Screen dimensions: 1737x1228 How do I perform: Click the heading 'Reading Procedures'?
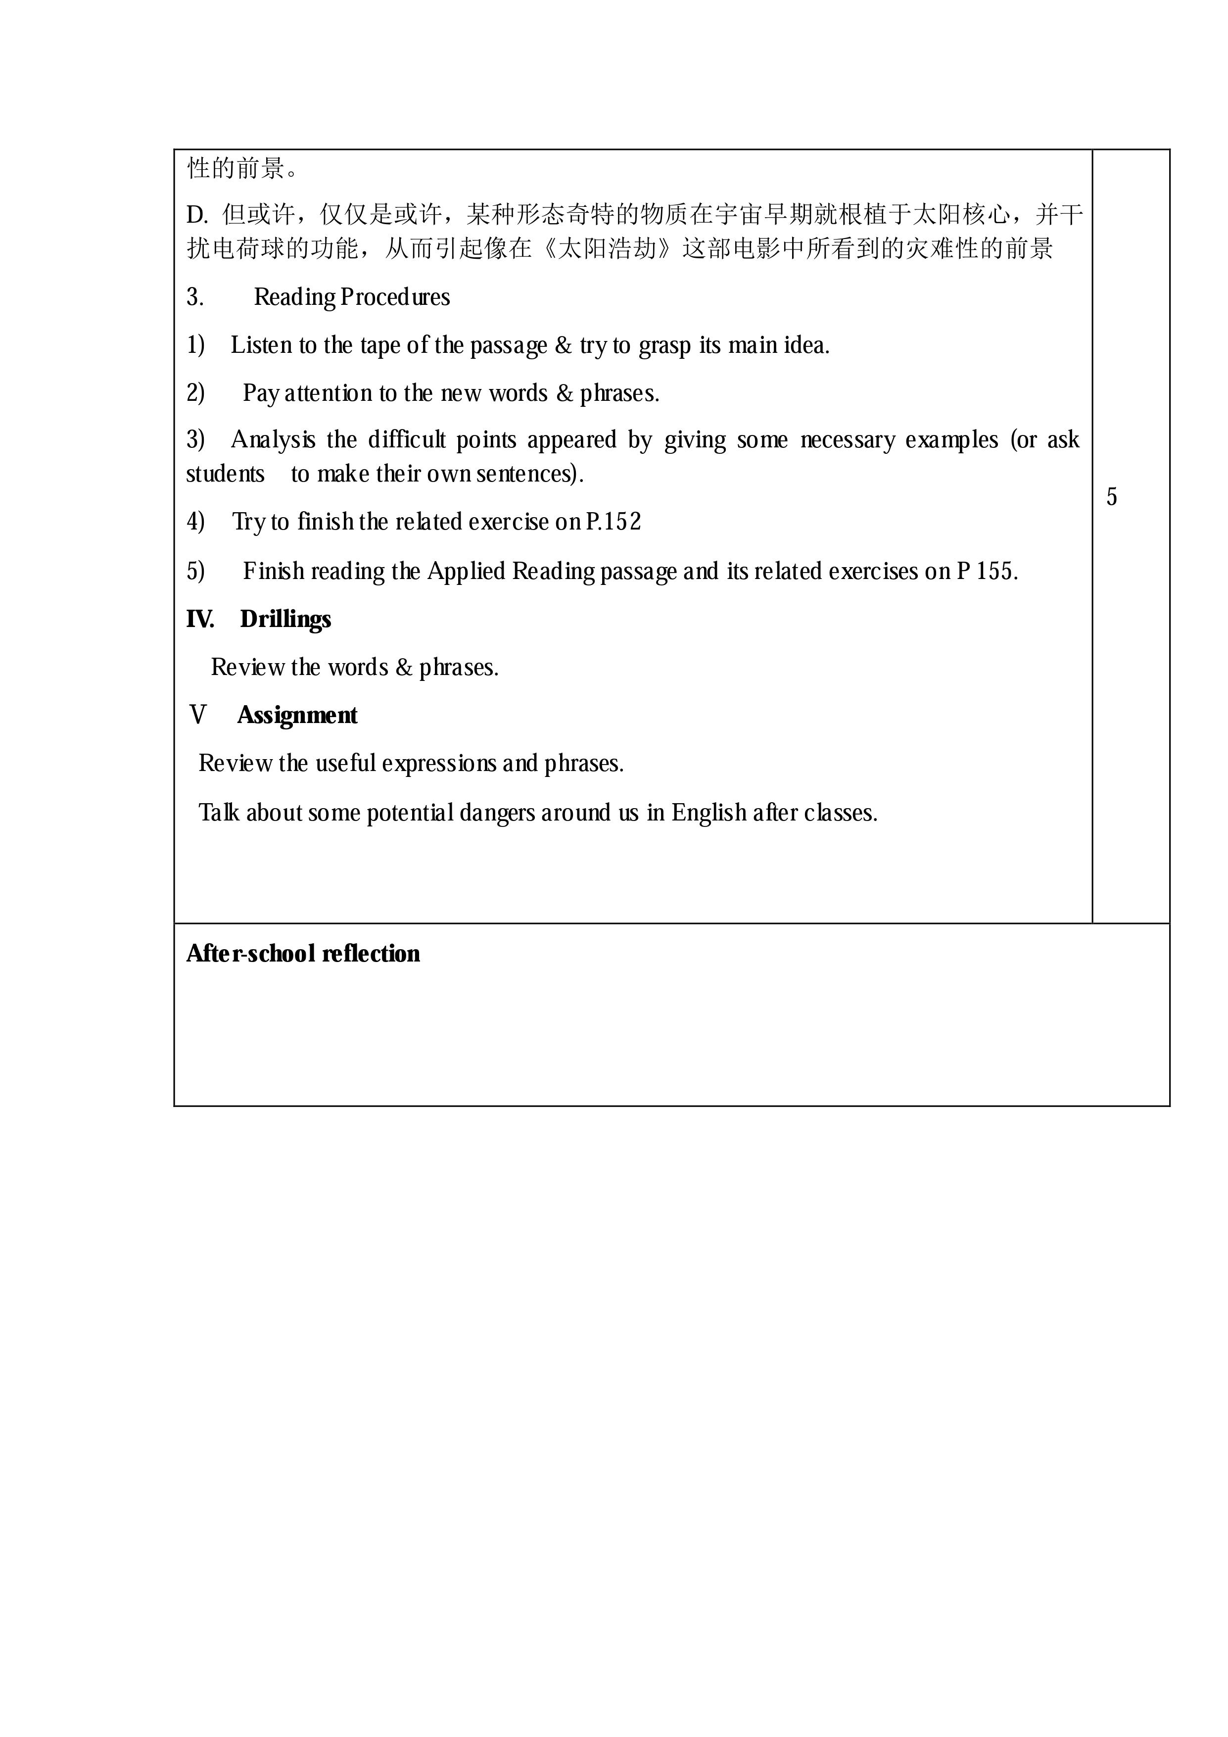pyautogui.click(x=352, y=297)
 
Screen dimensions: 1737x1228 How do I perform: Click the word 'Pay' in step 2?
pyautogui.click(x=261, y=393)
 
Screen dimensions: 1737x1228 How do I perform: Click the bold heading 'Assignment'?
pyautogui.click(x=297, y=716)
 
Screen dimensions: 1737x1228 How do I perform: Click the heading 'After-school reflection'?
pyautogui.click(x=303, y=954)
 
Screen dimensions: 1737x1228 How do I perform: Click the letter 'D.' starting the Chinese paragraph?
pyautogui.click(x=196, y=216)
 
